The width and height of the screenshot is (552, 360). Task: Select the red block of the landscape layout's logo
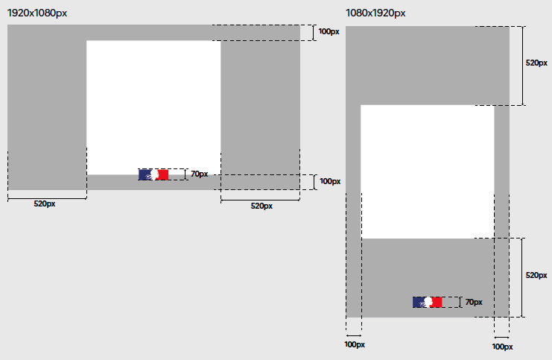click(x=162, y=174)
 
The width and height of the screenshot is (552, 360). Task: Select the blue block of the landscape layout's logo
click(x=145, y=174)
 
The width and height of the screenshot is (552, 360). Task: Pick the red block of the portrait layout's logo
click(x=437, y=302)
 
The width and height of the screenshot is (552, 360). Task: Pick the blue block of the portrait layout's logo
click(x=419, y=302)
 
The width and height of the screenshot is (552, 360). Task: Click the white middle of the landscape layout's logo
click(x=154, y=174)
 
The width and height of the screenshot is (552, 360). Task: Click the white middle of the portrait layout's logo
click(x=428, y=302)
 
